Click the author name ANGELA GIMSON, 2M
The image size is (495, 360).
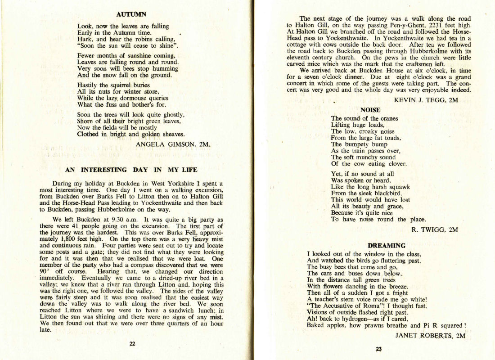173,144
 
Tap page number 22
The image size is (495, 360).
132,343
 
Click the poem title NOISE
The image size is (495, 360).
370,110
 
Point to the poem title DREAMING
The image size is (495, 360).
387,246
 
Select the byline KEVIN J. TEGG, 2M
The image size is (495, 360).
426,100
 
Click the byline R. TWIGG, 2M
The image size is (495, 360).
435,229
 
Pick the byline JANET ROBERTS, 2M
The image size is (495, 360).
430,335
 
